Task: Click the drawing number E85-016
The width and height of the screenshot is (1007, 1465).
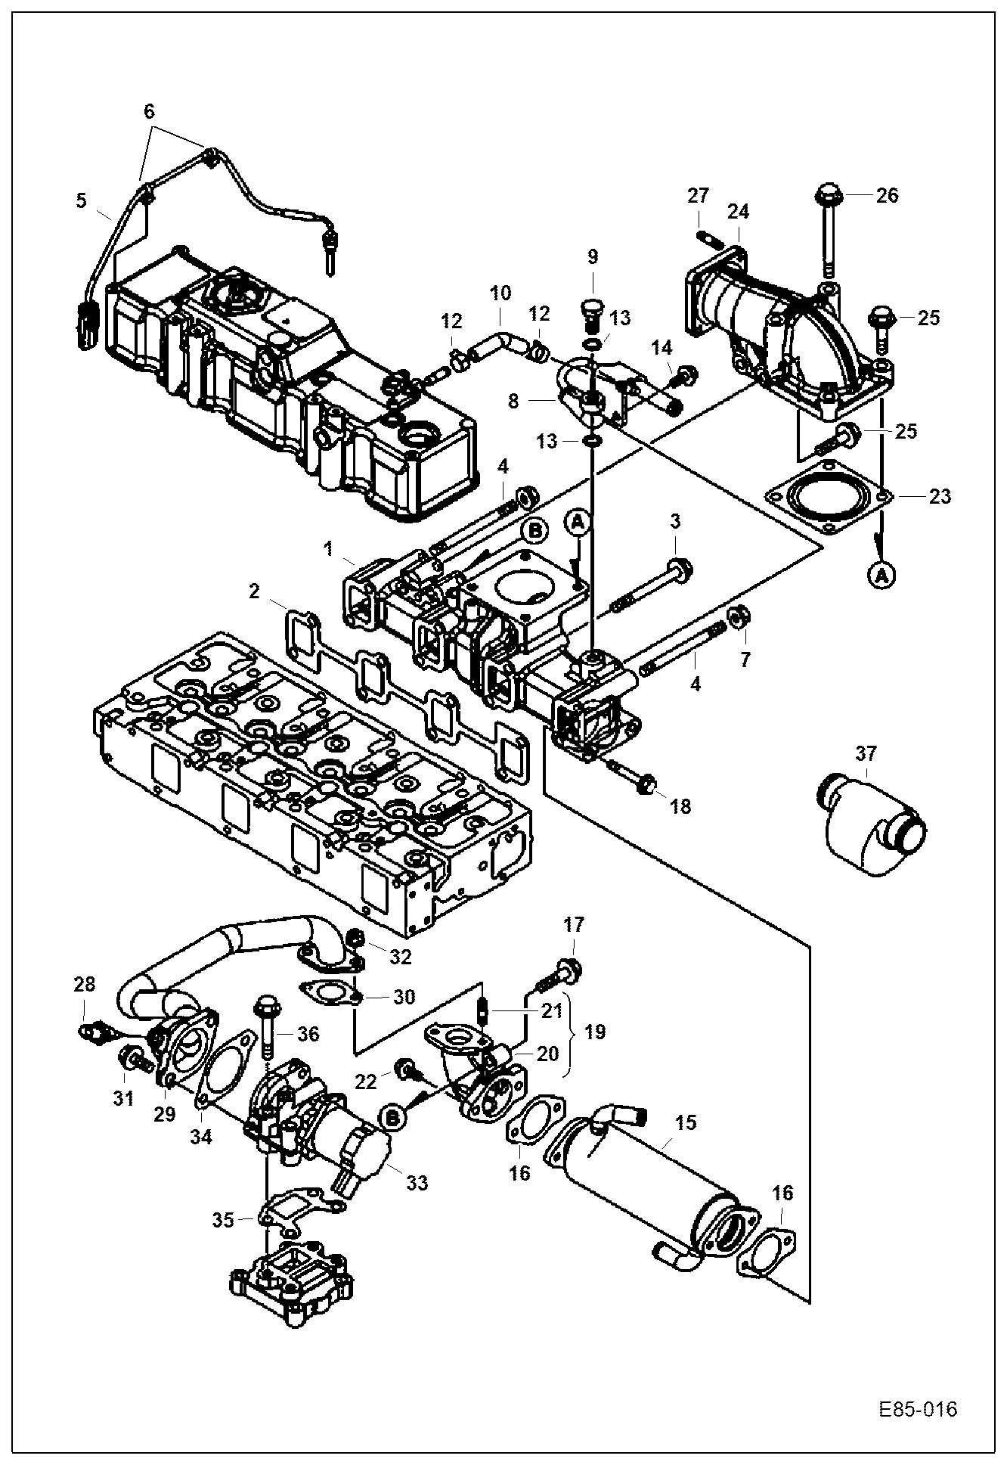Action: [x=918, y=1409]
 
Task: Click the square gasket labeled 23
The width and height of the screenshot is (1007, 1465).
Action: [x=829, y=498]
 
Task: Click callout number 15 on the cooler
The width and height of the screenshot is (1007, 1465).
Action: [x=685, y=1122]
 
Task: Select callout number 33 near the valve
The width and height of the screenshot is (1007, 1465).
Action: [x=417, y=1181]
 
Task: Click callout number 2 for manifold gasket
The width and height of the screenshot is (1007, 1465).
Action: [x=255, y=591]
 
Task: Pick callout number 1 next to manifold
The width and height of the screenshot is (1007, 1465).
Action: [x=328, y=548]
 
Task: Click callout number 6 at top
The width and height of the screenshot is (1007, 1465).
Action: [x=149, y=111]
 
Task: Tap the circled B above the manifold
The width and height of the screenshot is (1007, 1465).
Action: [x=535, y=532]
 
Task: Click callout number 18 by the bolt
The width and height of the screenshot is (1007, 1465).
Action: [x=680, y=806]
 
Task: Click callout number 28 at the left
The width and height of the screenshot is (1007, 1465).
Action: [x=85, y=984]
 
